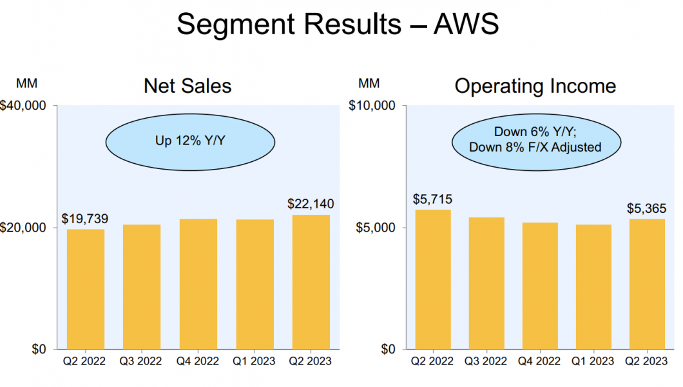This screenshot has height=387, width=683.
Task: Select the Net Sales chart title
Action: pos(188,86)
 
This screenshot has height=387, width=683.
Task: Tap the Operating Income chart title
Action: pos(535,86)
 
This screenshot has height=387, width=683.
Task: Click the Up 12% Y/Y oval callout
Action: pos(190,139)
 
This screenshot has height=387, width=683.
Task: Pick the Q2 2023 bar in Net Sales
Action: pos(311,282)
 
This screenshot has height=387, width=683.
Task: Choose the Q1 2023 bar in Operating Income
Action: pos(592,287)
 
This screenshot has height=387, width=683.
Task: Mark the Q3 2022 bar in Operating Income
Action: pos(486,283)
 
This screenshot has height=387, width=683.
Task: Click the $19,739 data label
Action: pos(85,219)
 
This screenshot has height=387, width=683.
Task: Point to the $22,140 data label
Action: pos(311,204)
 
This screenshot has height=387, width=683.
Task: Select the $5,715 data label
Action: pos(432,199)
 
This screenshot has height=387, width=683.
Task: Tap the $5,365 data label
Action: pos(646,208)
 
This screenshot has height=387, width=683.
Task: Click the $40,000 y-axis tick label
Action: pos(26,105)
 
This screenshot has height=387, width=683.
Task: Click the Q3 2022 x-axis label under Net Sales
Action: pos(142,361)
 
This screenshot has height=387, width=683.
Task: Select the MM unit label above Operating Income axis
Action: pos(369,83)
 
